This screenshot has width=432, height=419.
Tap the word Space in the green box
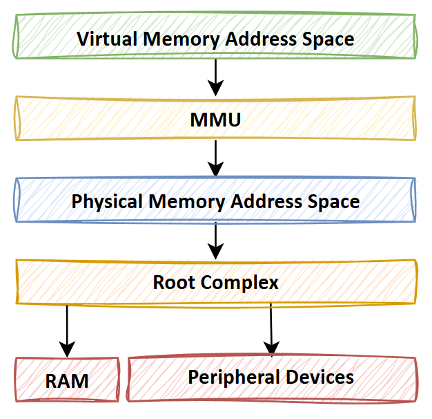tap(326, 39)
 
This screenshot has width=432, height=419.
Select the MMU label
tap(216, 120)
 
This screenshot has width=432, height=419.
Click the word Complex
tap(237, 283)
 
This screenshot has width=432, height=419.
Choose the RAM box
tap(67, 380)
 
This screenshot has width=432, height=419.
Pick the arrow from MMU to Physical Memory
tap(216, 158)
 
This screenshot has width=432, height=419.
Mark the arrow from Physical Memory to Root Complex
tap(216, 239)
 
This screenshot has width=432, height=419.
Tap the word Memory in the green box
tap(181, 39)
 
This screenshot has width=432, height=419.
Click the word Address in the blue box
tap(267, 202)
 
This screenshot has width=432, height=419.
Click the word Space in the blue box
tap(335, 202)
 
